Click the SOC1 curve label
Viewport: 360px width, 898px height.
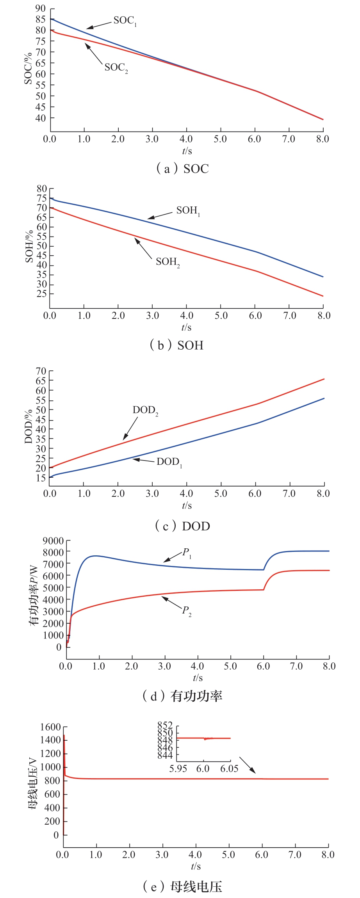pyautogui.click(x=125, y=21)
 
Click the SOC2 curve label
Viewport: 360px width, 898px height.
pyautogui.click(x=116, y=68)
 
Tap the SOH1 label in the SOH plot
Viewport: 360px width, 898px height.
pyautogui.click(x=188, y=211)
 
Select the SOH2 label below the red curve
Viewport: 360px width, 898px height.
pyautogui.click(x=168, y=262)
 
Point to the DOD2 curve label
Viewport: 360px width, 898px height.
pyautogui.click(x=145, y=411)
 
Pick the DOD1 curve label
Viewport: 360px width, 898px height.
pyautogui.click(x=169, y=462)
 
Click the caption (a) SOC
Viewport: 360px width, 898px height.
pyautogui.click(x=182, y=169)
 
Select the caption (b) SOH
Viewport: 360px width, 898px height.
pyautogui.click(x=177, y=345)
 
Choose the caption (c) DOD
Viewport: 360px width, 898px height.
pyautogui.click(x=182, y=526)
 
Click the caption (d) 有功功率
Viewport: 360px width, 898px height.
pyautogui.click(x=182, y=696)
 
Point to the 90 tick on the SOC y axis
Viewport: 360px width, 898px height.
pyautogui.click(x=41, y=9)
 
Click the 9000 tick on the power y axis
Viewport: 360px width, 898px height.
pyautogui.click(x=53, y=541)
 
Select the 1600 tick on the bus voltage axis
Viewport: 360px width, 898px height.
pyautogui.click(x=51, y=727)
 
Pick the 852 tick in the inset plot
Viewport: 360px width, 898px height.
pyautogui.click(x=165, y=725)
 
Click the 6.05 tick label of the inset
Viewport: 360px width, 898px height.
pyautogui.click(x=229, y=769)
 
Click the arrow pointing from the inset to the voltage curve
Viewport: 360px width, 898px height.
pyautogui.click(x=248, y=765)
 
